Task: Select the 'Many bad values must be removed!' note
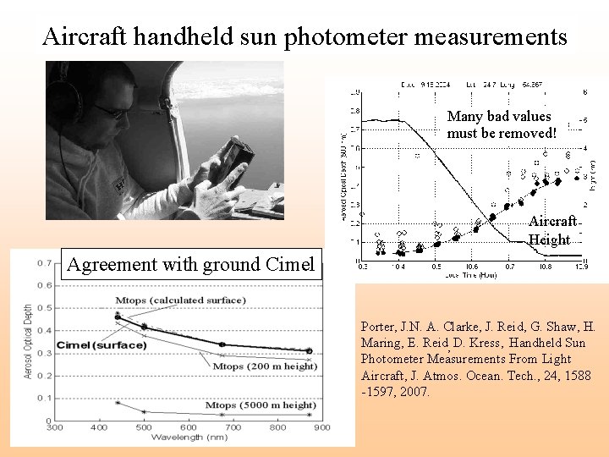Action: pyautogui.click(x=502, y=124)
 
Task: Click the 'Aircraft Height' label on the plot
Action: pyautogui.click(x=551, y=230)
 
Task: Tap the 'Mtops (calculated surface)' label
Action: pyautogui.click(x=181, y=300)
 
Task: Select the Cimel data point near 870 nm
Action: pyautogui.click(x=309, y=350)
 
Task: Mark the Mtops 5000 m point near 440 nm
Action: pyautogui.click(x=118, y=402)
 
